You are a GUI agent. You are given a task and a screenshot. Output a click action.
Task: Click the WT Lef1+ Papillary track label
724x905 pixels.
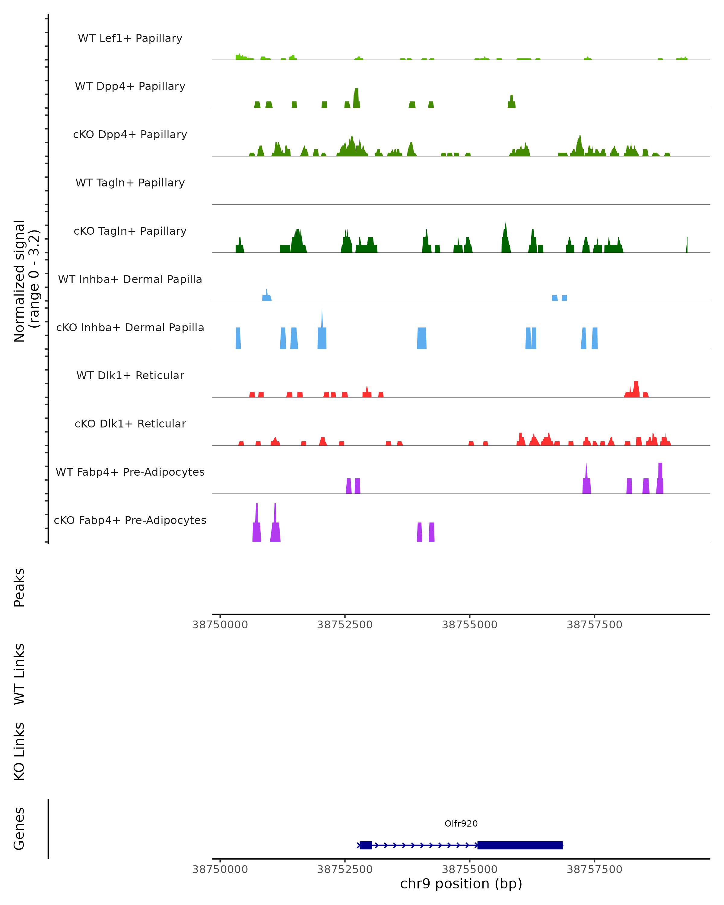130,38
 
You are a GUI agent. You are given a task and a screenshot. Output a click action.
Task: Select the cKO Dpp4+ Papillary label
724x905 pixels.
130,134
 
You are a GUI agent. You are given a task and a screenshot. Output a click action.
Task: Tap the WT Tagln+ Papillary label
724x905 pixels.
130,183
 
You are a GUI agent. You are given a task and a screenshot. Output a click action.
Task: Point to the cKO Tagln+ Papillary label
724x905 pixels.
130,231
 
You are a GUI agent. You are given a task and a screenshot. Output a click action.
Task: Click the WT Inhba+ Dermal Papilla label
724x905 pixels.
130,279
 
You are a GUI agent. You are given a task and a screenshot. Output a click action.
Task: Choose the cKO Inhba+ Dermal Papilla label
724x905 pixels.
130,327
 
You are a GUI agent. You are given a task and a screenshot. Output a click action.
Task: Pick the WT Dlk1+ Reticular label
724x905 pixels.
130,375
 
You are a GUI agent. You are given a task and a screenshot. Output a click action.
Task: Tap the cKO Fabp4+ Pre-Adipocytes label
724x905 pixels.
130,520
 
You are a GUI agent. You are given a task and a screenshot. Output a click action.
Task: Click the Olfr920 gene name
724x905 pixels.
461,824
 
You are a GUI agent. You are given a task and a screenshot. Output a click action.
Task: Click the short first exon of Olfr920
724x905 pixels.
366,845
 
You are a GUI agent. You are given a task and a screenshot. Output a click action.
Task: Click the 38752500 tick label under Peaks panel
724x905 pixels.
345,625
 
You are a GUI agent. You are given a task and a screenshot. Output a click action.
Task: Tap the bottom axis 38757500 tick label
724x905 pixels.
594,869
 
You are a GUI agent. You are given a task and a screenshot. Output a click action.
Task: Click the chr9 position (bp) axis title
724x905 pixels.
461,884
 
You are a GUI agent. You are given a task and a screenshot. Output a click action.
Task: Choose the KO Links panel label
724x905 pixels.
19,752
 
